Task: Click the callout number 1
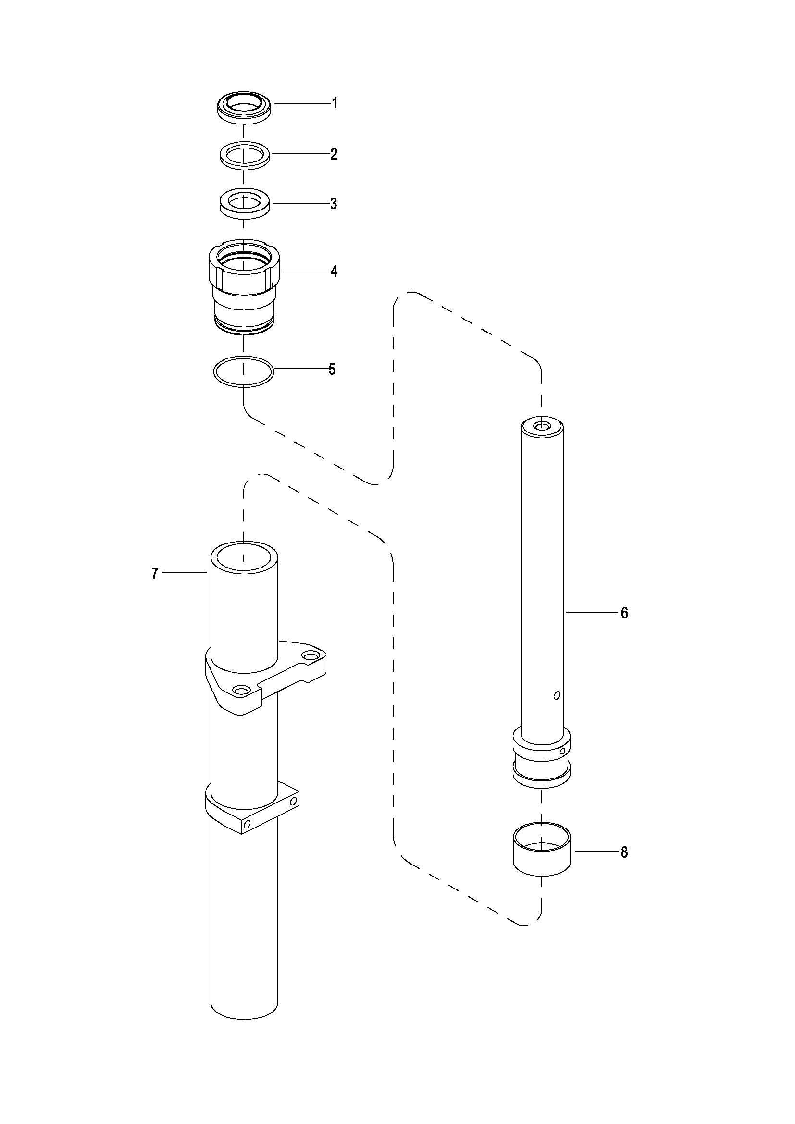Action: (x=335, y=103)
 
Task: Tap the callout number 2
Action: (x=334, y=154)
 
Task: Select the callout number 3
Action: (x=334, y=204)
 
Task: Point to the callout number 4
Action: (x=334, y=271)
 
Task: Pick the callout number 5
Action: (x=332, y=370)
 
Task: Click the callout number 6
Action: (x=624, y=612)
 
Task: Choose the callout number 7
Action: (x=155, y=573)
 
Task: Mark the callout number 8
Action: (x=624, y=852)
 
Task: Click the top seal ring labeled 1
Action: (x=244, y=109)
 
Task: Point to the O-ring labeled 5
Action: (x=244, y=372)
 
